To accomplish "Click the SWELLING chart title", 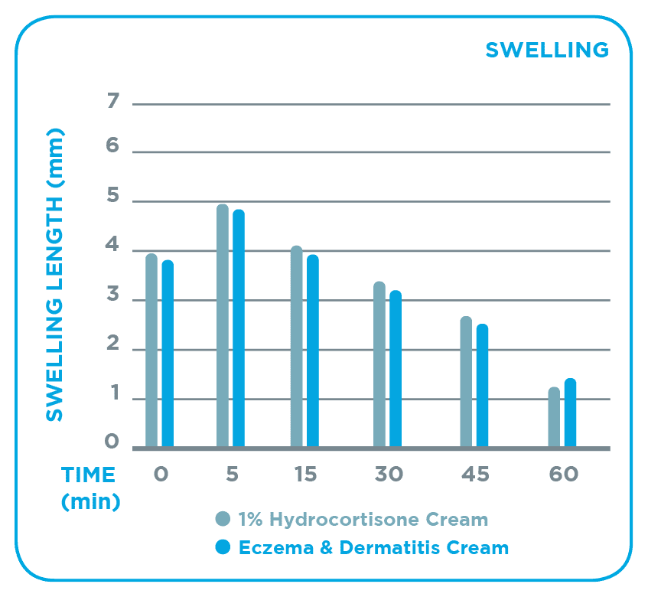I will click(x=547, y=50).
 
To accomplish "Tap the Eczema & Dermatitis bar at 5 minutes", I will click(x=239, y=328).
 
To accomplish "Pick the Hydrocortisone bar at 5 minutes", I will click(x=223, y=325).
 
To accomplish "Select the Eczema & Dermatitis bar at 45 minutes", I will click(x=482, y=386).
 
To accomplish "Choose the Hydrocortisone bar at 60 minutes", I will click(x=554, y=417).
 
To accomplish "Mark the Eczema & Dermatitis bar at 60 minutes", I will click(x=570, y=413).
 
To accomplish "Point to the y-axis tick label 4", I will click(x=113, y=246).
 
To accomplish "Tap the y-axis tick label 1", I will click(x=113, y=394).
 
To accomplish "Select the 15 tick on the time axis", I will click(x=304, y=475).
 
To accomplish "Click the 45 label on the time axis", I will click(x=475, y=475).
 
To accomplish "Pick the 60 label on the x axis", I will click(x=563, y=475).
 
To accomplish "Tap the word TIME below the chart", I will click(x=89, y=475).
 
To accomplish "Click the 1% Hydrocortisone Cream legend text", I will click(x=363, y=520).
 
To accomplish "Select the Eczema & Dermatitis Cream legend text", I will click(x=373, y=548).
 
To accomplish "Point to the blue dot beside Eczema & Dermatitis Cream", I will click(x=223, y=548).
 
